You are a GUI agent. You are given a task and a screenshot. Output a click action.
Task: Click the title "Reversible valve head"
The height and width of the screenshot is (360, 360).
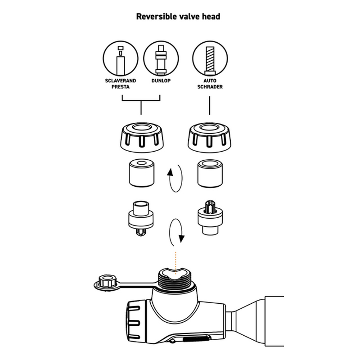[178, 17]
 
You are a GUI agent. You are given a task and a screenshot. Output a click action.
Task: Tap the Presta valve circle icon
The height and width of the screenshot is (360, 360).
[120, 59]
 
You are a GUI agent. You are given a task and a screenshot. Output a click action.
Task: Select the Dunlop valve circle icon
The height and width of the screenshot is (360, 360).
[161, 59]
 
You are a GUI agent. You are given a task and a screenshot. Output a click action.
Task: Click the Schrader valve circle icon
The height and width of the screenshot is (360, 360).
[210, 59]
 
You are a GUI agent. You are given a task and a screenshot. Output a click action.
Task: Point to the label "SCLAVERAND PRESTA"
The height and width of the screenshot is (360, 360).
[120, 84]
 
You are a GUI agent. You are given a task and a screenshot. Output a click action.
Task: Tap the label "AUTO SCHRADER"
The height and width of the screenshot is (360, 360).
[210, 84]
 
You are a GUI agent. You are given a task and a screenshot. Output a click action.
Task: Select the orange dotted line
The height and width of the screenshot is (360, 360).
[176, 261]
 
